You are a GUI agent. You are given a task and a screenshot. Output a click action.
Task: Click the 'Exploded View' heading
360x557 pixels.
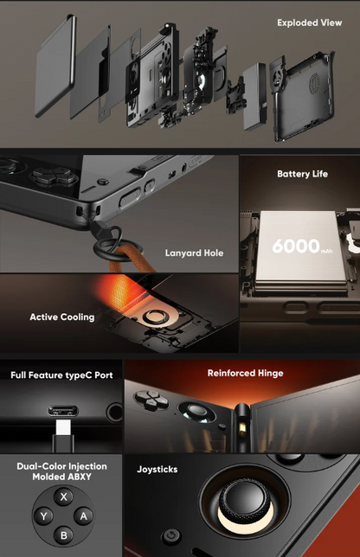click(309, 22)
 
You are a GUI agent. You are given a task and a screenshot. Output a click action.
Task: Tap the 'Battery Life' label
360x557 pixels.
click(302, 174)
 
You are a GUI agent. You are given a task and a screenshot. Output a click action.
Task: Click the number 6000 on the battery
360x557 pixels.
click(296, 246)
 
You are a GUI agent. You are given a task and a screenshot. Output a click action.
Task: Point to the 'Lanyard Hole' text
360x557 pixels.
click(194, 253)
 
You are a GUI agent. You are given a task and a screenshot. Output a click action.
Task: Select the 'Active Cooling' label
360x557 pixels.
click(62, 317)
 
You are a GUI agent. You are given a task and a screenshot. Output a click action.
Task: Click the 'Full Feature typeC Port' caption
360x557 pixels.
click(61, 375)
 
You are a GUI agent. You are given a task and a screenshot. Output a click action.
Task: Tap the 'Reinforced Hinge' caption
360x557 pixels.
click(245, 373)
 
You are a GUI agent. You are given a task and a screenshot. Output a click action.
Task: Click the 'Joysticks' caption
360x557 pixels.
click(157, 470)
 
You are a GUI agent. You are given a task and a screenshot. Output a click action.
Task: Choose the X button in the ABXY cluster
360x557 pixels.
click(64, 496)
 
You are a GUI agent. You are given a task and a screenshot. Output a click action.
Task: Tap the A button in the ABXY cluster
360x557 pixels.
click(84, 515)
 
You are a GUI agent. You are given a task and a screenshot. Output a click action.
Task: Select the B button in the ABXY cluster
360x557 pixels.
click(64, 535)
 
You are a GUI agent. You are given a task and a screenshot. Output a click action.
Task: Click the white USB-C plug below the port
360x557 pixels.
click(63, 427)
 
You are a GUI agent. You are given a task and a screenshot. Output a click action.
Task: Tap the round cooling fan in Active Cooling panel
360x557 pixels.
click(156, 317)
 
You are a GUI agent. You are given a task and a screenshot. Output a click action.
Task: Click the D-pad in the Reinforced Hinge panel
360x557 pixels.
click(151, 398)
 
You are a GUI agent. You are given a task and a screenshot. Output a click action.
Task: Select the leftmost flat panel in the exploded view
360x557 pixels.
click(55, 66)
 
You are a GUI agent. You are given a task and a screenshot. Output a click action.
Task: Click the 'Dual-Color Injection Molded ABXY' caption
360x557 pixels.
click(61, 471)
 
